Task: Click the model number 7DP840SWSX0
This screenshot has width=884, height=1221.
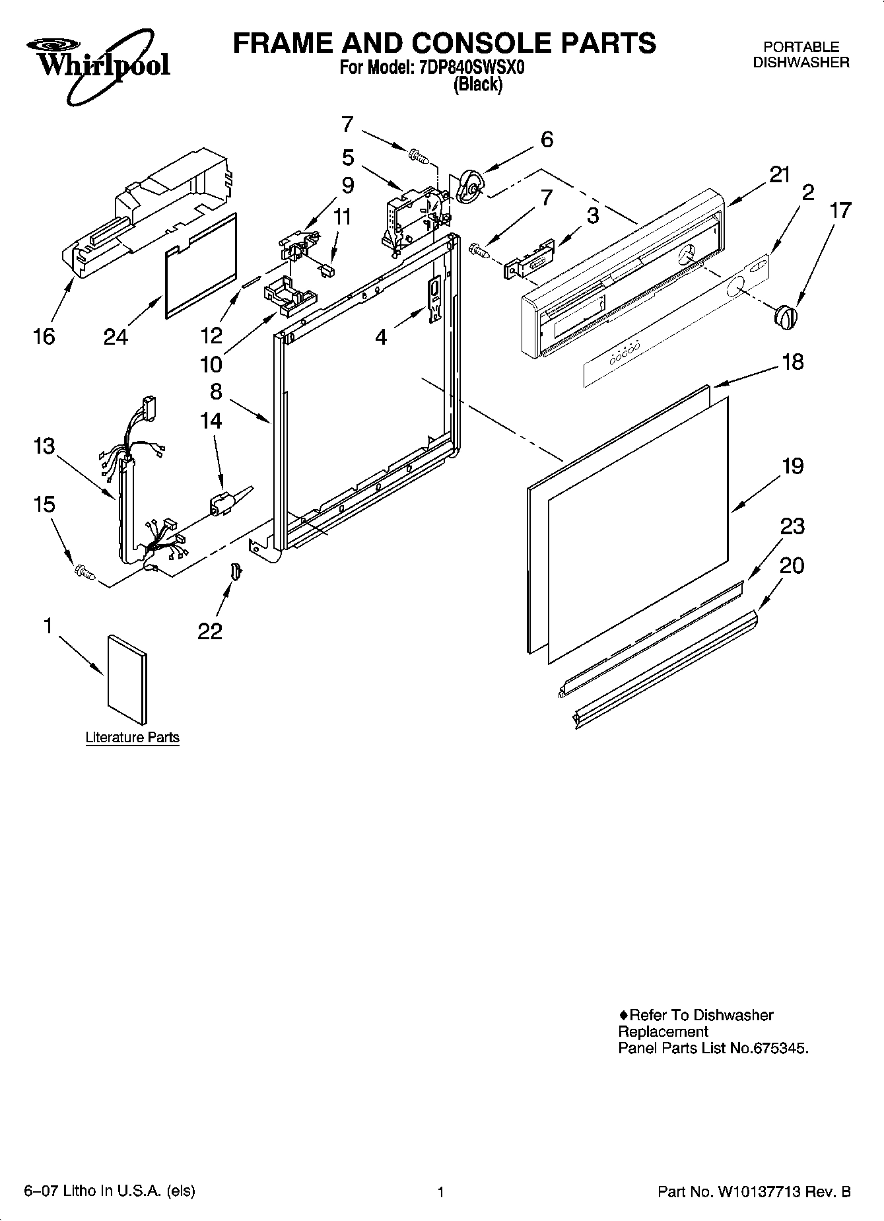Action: click(472, 68)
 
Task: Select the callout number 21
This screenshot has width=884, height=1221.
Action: click(779, 175)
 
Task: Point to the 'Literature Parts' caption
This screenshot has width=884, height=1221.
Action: click(132, 737)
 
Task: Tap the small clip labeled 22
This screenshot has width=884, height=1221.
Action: click(236, 570)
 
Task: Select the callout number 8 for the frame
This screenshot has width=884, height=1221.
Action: click(216, 392)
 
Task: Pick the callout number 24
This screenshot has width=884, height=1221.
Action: click(116, 337)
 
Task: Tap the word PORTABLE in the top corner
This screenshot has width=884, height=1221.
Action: click(801, 48)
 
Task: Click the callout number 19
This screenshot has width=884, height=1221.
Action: click(792, 466)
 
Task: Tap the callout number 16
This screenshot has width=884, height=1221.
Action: click(44, 337)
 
